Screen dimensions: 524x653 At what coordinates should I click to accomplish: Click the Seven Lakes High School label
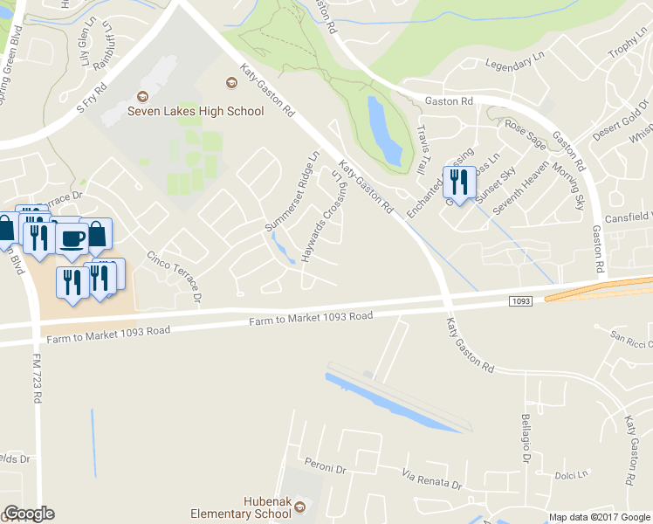tap(196, 111)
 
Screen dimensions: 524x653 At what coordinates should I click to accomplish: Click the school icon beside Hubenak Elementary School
tap(300, 507)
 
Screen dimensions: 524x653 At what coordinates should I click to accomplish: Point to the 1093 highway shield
tap(519, 301)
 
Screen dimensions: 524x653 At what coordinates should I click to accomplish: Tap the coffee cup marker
tap(72, 238)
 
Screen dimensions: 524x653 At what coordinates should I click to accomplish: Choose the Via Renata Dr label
tap(431, 479)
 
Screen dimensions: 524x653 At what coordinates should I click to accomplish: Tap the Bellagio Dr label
tap(527, 438)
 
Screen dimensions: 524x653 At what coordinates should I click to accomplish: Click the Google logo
tap(29, 514)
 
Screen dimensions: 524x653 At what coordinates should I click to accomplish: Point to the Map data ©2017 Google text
tap(600, 517)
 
